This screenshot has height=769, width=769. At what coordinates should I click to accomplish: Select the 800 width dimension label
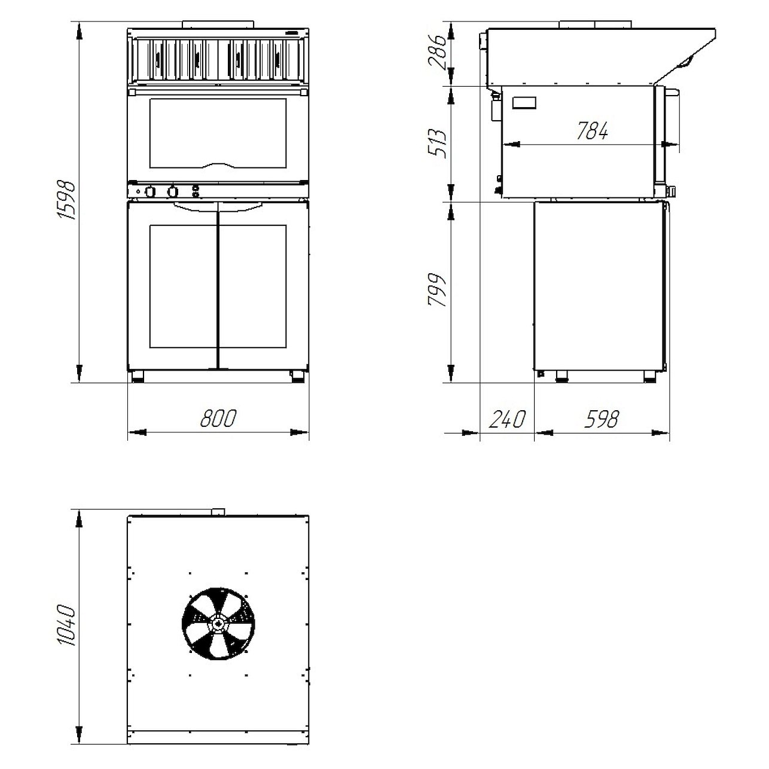coord(218,418)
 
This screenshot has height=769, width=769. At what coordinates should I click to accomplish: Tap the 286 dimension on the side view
coord(437,52)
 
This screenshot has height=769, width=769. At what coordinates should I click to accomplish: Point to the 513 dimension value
coord(437,144)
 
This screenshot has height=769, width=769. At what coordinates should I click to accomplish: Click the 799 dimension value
coord(437,290)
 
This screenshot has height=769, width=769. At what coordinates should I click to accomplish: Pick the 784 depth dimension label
coord(592,130)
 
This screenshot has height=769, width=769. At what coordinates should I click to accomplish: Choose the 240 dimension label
coord(506,419)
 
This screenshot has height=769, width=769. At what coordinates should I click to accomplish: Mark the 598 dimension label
coord(602,419)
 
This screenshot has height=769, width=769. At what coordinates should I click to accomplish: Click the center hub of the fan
coord(218,623)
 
